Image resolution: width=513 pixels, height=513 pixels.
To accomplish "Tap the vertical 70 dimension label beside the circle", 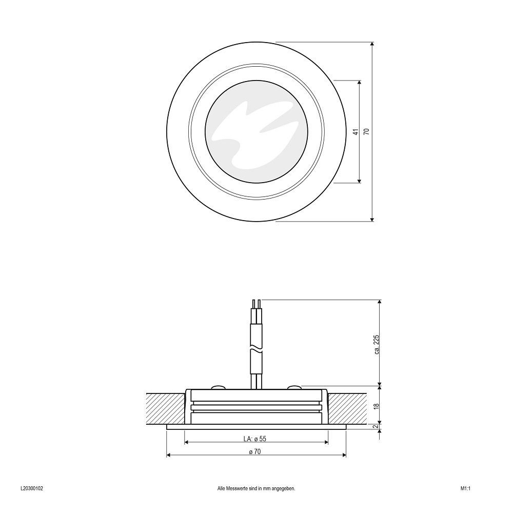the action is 366,131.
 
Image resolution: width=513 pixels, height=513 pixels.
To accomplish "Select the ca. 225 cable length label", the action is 377,345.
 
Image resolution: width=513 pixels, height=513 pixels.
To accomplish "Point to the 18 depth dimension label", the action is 377,406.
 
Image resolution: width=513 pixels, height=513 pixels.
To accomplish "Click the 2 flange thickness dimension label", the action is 377,426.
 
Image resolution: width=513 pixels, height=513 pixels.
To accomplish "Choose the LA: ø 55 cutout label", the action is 255,439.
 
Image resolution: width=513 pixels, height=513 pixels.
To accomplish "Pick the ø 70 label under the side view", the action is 255,452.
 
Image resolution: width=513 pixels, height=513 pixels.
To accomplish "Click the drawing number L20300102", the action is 32,488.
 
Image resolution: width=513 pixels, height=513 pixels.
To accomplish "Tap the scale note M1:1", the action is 465,488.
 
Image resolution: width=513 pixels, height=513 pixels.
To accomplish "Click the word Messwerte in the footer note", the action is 236,488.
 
